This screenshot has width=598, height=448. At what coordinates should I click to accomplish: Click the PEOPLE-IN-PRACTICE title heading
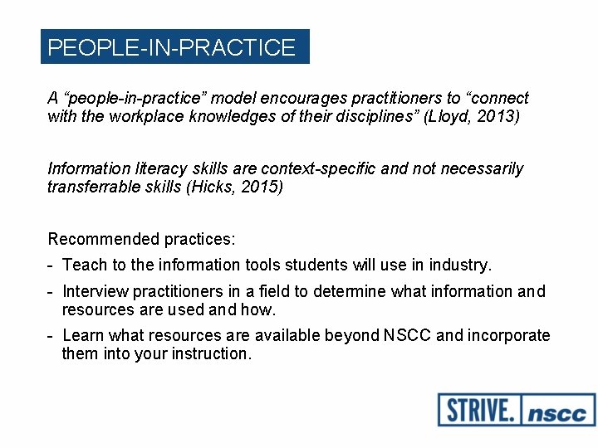click(172, 47)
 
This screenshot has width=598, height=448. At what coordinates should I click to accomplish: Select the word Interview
click(95, 291)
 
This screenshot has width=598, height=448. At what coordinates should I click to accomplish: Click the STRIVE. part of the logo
click(478, 410)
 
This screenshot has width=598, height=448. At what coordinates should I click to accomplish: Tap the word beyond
click(355, 335)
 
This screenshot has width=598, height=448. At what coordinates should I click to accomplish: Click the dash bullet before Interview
click(51, 291)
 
